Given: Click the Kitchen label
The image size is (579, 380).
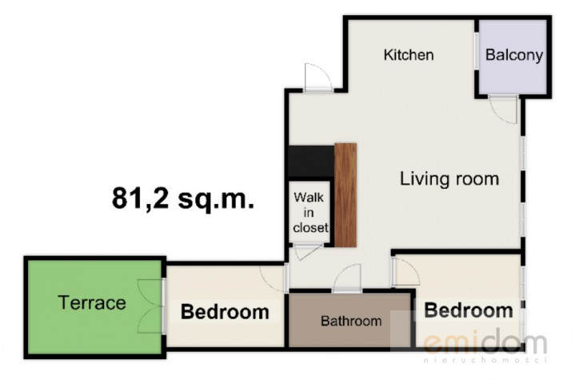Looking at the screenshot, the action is pos(409,55).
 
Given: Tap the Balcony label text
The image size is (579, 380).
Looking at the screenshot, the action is pos(514,55).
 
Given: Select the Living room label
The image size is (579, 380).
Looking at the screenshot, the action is pos(449,178).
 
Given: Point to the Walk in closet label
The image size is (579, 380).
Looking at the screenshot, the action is pos(310,213).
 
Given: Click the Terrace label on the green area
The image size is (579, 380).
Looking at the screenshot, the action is pos(92,303).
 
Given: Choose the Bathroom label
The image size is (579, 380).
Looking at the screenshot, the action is pos(351,321).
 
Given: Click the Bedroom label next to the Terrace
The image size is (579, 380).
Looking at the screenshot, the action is pos(225,312).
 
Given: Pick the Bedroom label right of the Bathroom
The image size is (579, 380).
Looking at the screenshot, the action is pos(469,310).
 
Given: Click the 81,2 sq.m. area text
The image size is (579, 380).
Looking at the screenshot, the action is pos(183,198).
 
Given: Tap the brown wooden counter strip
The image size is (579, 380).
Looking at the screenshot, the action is pos(345,195).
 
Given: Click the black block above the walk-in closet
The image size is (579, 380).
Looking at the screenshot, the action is pos(311,161).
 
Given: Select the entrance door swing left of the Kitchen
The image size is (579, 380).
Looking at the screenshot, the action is pos(317,77).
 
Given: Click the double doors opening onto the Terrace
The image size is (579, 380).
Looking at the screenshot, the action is pos(150,306).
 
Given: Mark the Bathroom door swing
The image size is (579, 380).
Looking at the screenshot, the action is pos(347,278).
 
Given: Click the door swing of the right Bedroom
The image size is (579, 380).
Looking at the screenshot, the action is pos(405,271).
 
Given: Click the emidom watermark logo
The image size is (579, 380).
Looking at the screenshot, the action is pos(485,344).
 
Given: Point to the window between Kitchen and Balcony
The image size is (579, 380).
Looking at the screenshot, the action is pos(477,50).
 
